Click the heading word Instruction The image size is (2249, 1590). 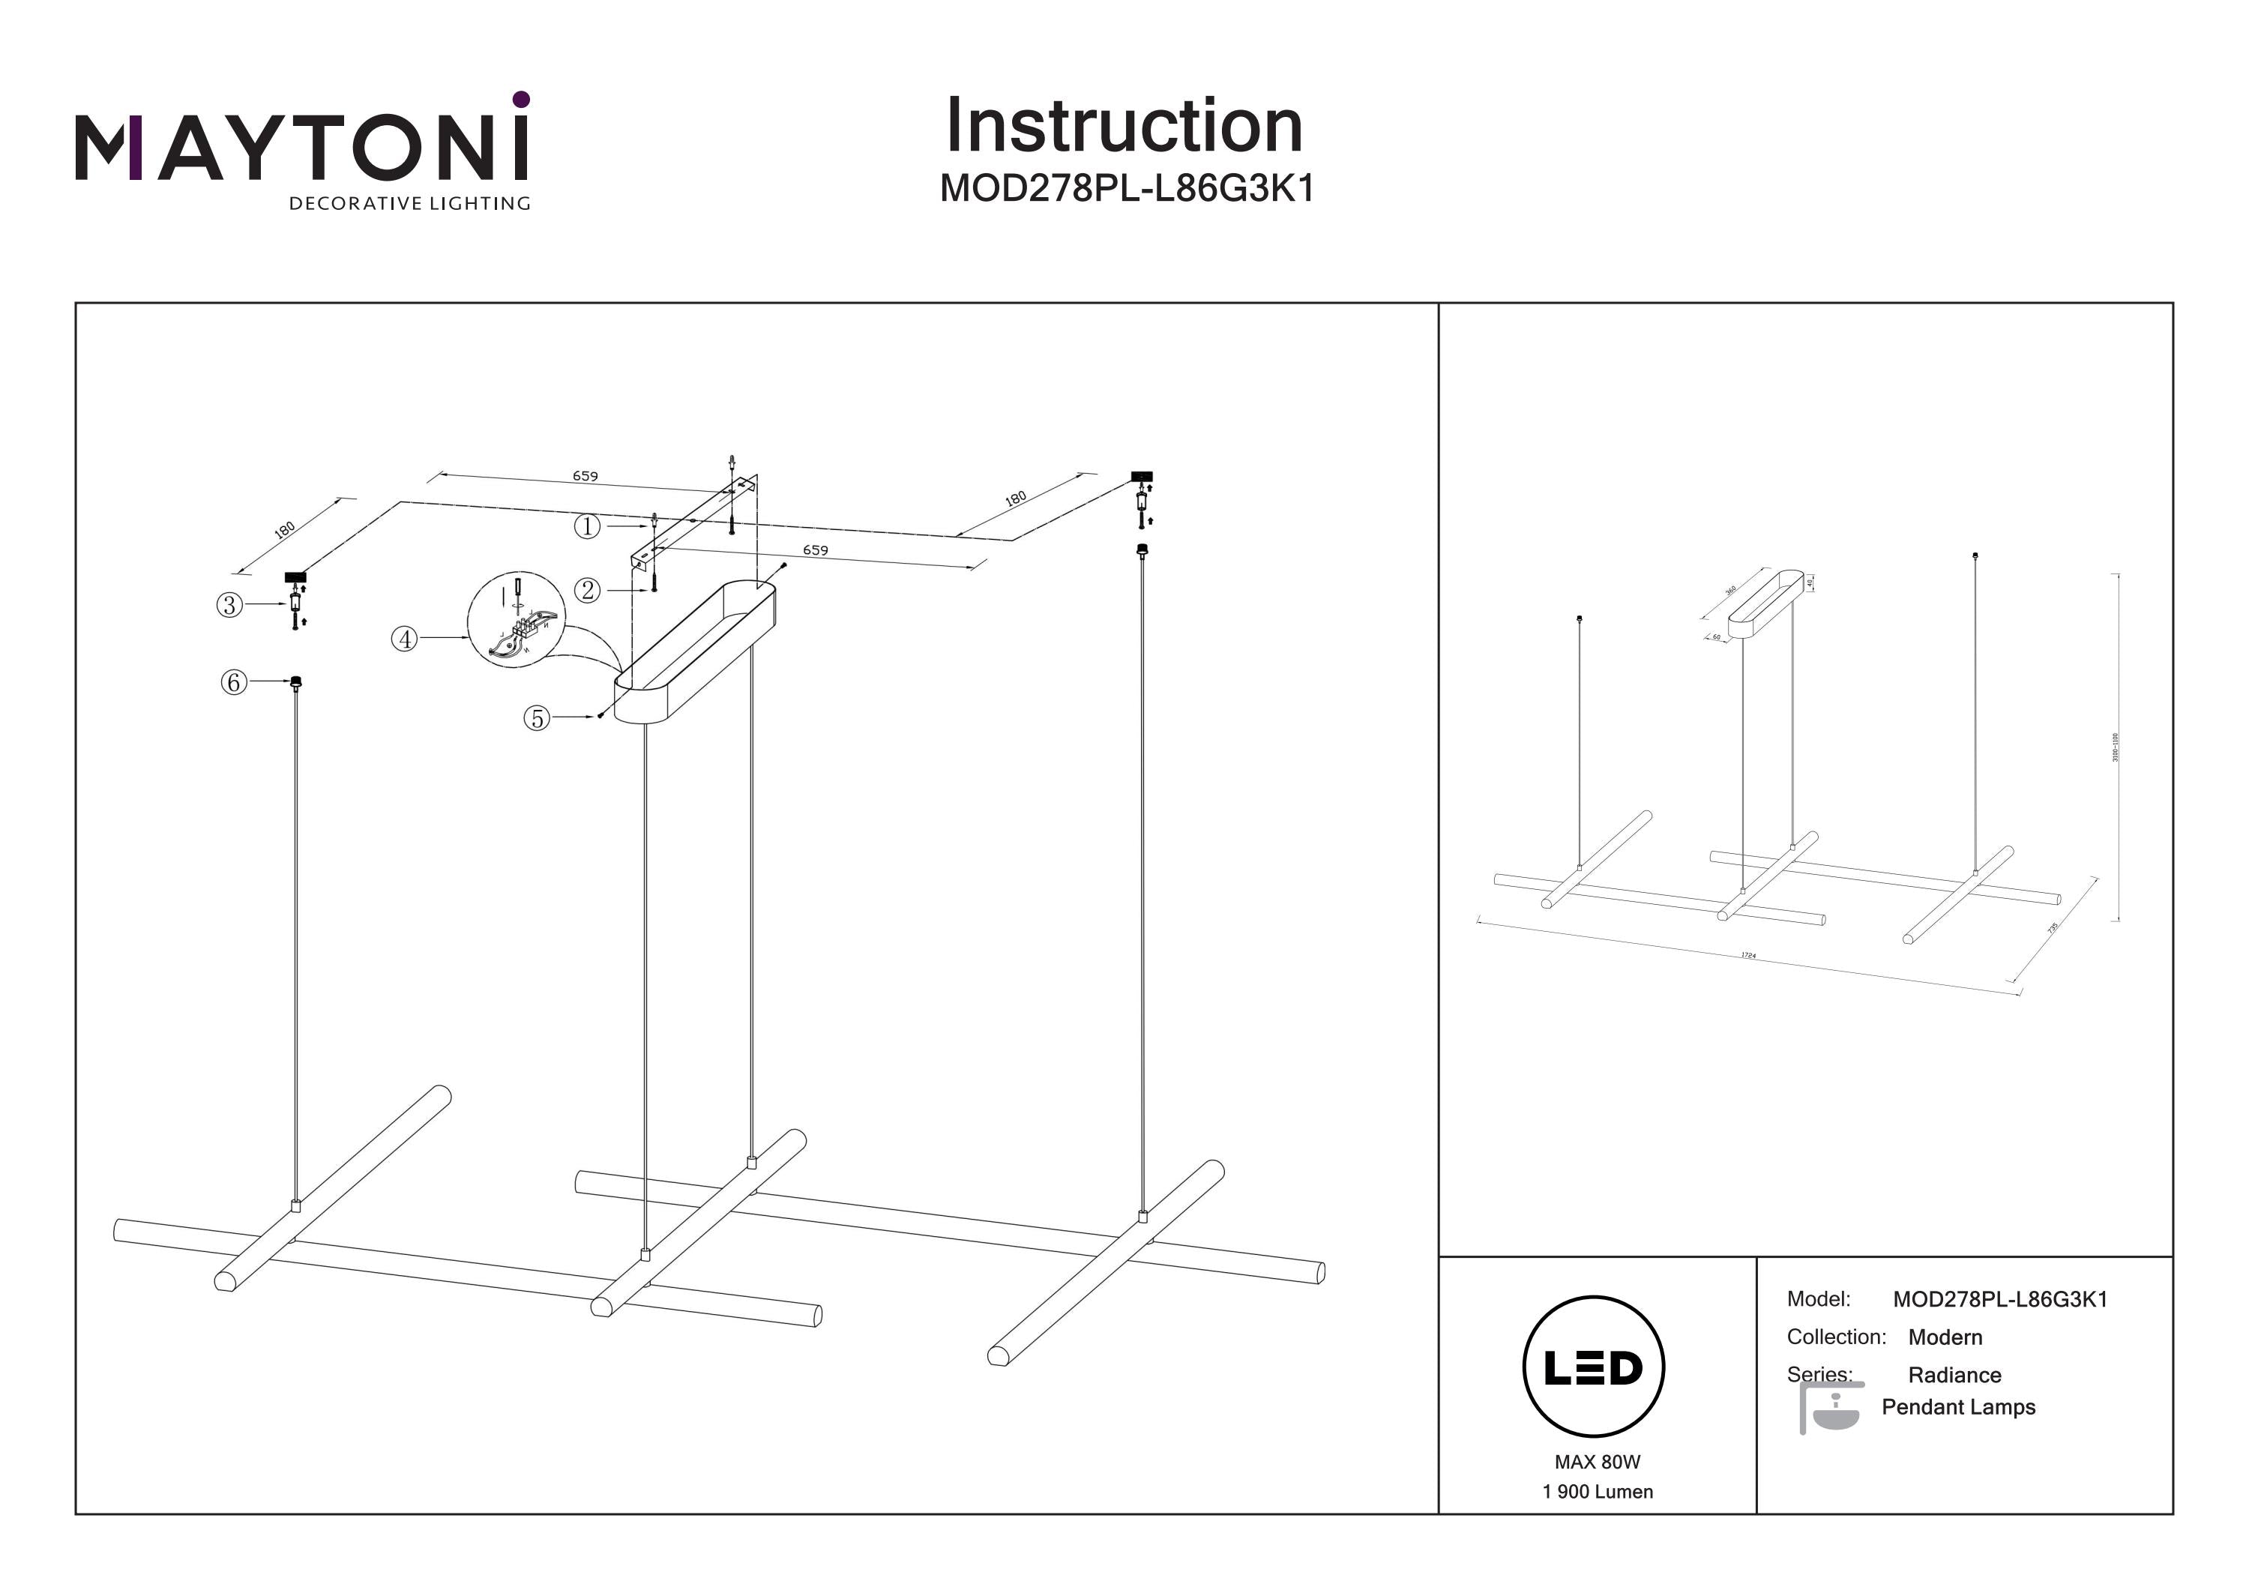(x=1124, y=127)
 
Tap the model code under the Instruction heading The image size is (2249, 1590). (x=1127, y=188)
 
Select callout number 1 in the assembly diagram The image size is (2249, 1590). (x=587, y=526)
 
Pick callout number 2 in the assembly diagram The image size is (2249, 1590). (x=588, y=590)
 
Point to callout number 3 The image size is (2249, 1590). (x=229, y=604)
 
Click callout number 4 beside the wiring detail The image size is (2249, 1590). (x=405, y=639)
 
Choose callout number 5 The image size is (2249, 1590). (x=537, y=718)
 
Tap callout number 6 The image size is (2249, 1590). (x=233, y=682)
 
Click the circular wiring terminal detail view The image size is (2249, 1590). (x=517, y=619)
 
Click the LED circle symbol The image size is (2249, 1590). (x=1593, y=1367)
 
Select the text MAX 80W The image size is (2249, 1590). (x=1597, y=1462)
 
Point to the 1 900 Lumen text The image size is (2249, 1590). (x=1597, y=1491)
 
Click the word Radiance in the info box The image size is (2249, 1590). (x=1954, y=1374)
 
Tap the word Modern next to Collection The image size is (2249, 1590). (x=1945, y=1337)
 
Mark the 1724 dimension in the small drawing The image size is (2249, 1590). (x=1748, y=954)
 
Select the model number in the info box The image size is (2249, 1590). (x=1999, y=1299)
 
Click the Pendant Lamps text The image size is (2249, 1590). (x=1958, y=1407)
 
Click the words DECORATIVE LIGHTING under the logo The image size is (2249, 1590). (x=409, y=204)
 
